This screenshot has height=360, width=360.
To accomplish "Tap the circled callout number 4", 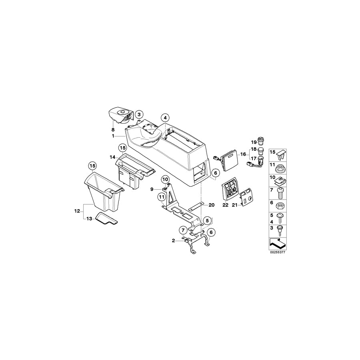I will [x=166, y=118].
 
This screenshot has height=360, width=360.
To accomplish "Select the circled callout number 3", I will [x=139, y=115].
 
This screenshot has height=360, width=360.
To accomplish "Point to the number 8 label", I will [x=113, y=130].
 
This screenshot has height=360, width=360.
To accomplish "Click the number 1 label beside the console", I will [x=114, y=136].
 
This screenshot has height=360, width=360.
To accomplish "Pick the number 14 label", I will [x=112, y=158].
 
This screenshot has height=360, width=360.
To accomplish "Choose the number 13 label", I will [x=89, y=218].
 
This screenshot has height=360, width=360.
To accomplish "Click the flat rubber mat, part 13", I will [x=106, y=220].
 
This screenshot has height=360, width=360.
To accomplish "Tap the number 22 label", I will [x=225, y=205].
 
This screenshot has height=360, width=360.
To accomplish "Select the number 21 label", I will [x=235, y=205].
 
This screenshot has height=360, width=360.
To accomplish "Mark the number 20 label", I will [x=212, y=205].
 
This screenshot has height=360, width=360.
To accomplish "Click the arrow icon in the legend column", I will [x=276, y=242].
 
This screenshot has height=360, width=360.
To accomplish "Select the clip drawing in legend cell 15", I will [x=281, y=154].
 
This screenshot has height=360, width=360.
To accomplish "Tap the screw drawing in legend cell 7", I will [x=281, y=193].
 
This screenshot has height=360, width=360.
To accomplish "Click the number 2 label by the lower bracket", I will [x=173, y=240].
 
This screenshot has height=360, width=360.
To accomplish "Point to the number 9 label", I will [x=152, y=189].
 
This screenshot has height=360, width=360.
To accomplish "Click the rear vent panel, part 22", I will [x=230, y=190].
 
